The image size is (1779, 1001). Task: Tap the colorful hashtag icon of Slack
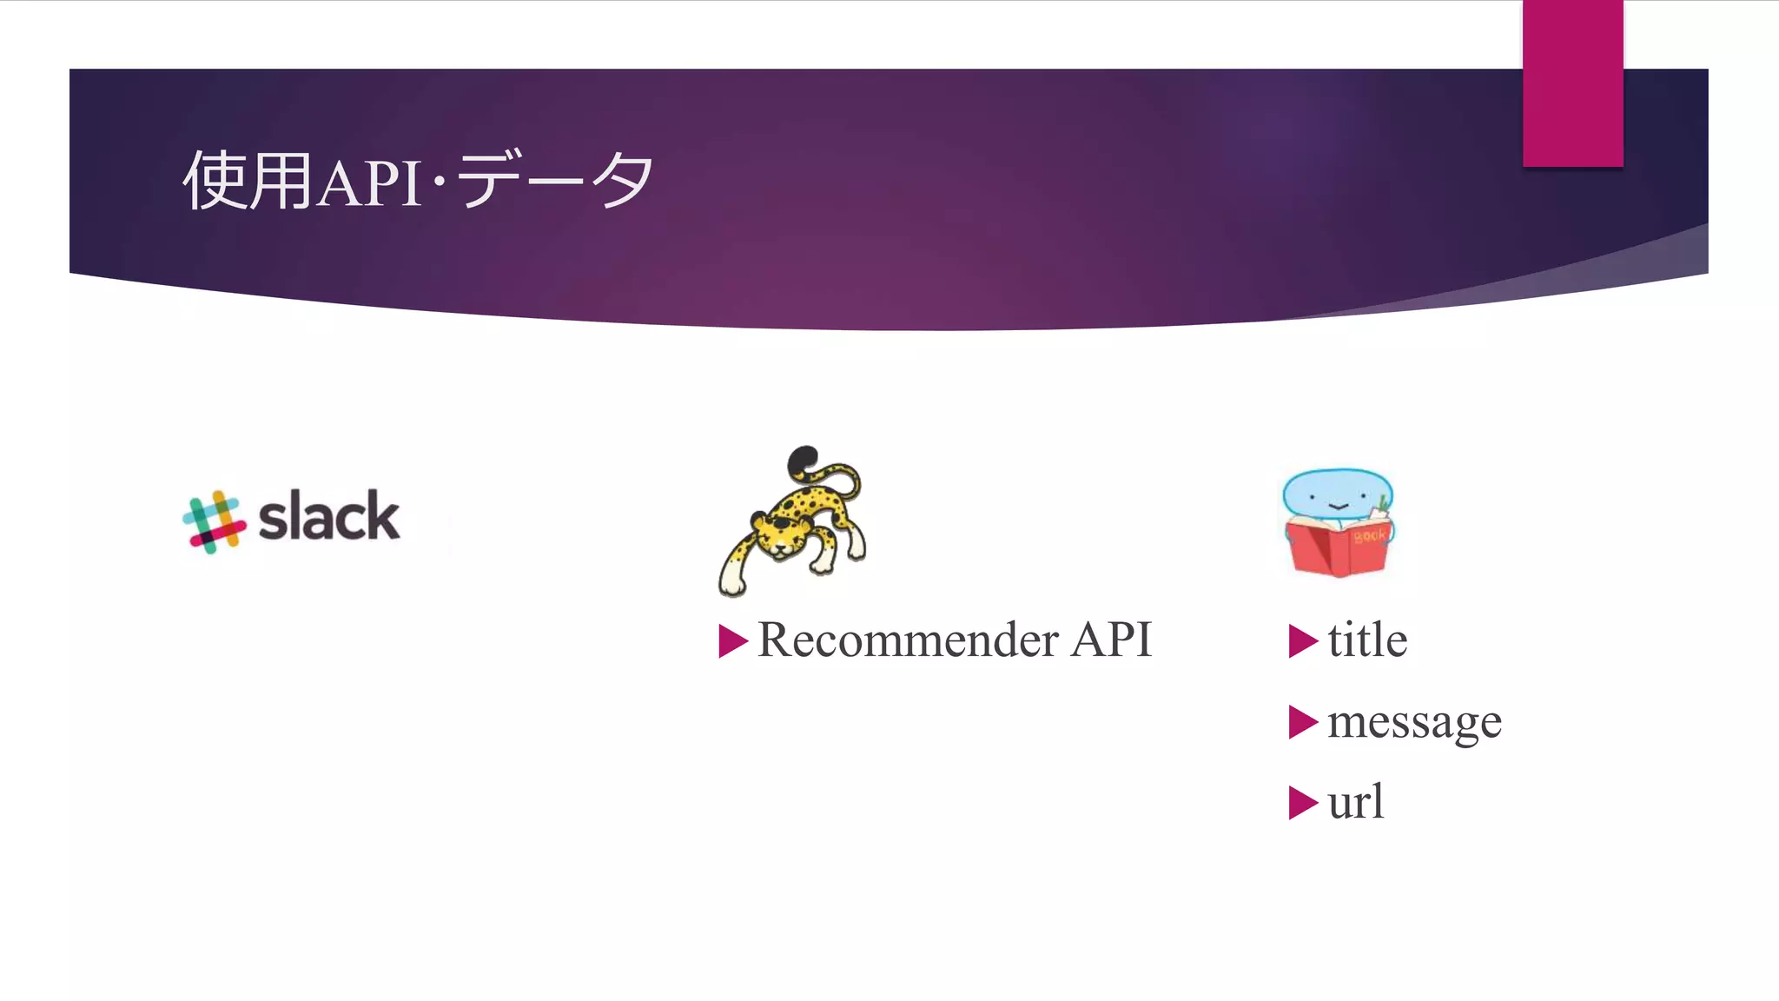click(214, 521)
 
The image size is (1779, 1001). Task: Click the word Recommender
click(908, 640)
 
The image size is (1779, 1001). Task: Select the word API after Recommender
click(1111, 640)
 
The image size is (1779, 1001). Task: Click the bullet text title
click(1366, 640)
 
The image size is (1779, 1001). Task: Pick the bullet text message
click(1414, 722)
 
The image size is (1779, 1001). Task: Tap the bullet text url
click(1355, 802)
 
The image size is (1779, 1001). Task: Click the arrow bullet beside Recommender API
click(732, 641)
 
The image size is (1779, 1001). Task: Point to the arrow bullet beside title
click(1302, 641)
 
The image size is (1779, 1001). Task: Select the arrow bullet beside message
click(1302, 722)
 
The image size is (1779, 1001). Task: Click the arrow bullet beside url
click(1302, 803)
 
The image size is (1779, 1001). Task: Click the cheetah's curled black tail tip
click(803, 461)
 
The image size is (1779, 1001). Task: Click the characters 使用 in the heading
click(248, 181)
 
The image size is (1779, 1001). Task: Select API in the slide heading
click(369, 182)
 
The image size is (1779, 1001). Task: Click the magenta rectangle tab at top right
click(1572, 83)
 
